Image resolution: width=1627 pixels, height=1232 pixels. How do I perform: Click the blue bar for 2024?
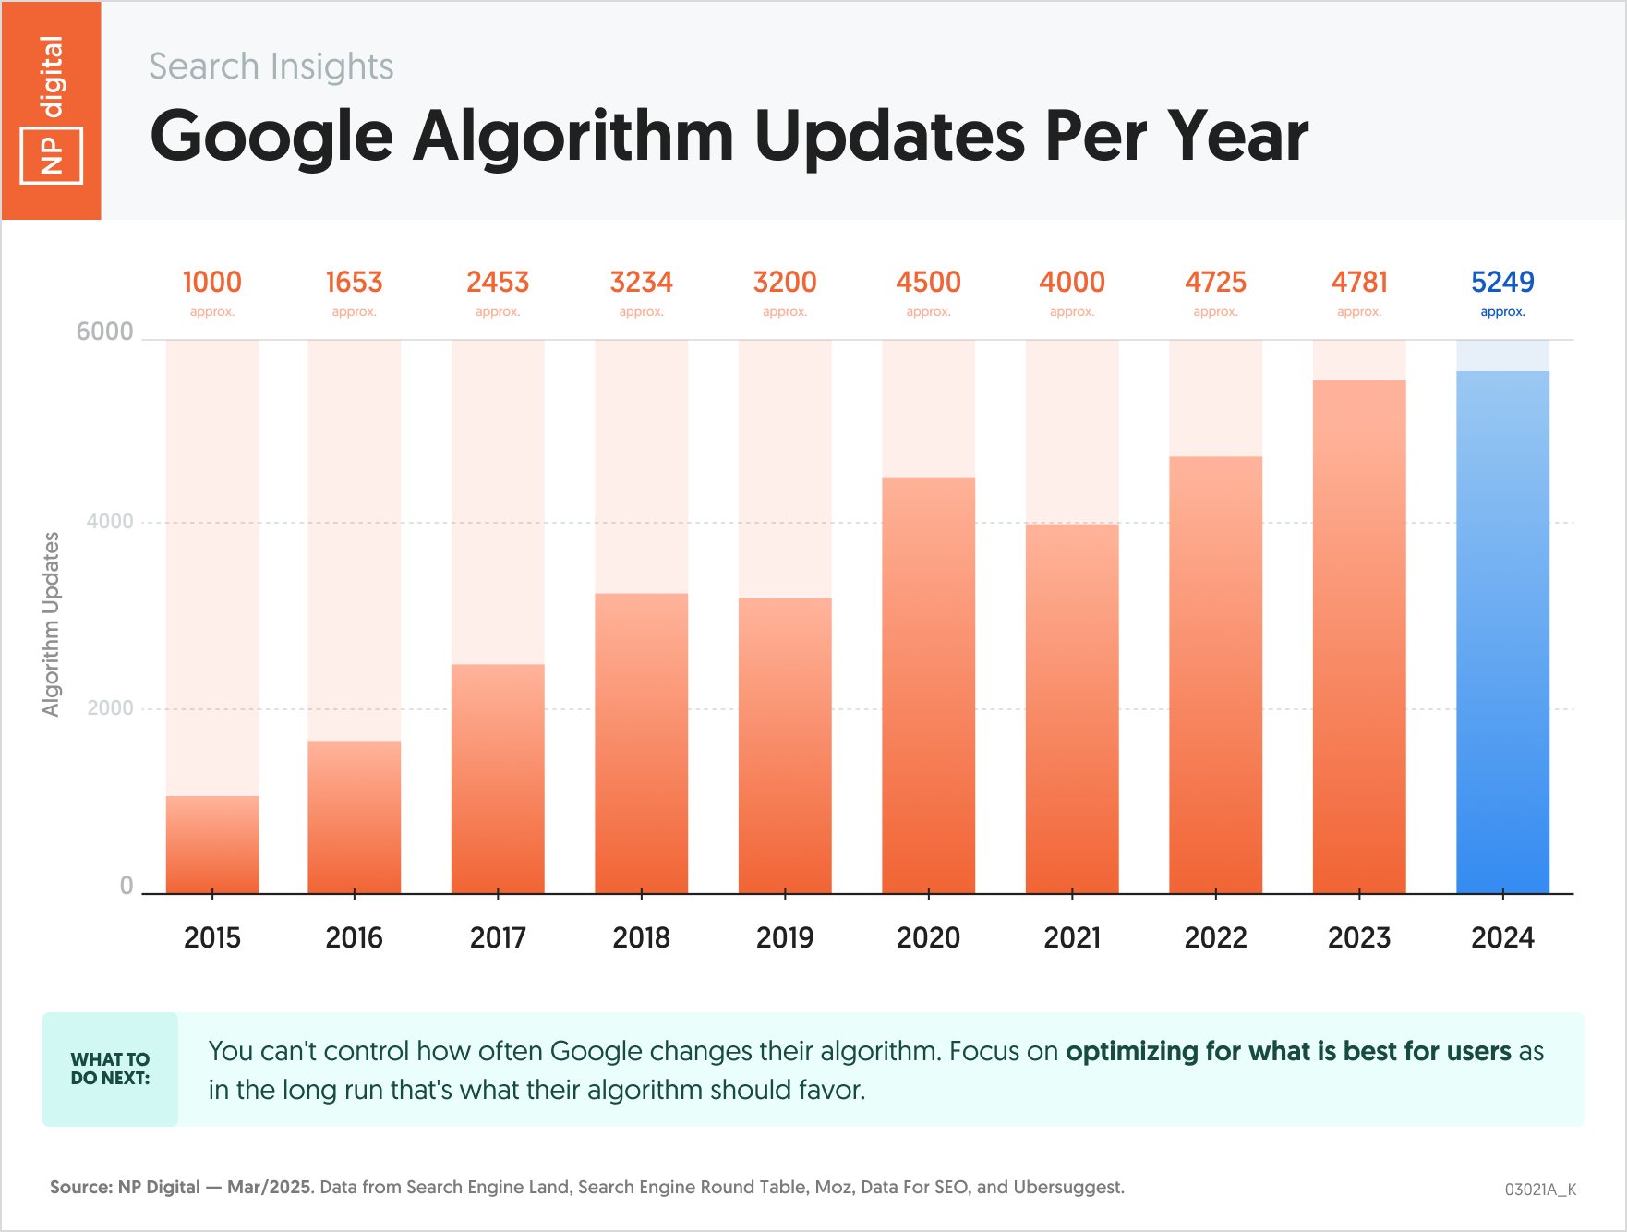(1502, 633)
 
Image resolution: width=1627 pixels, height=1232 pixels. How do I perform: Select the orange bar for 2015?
(212, 844)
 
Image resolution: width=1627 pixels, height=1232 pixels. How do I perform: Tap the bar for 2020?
(928, 685)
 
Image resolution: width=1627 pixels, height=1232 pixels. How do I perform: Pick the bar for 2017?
(498, 779)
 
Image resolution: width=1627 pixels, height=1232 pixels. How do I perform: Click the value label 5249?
(1502, 282)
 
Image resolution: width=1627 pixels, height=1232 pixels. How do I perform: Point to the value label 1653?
(354, 282)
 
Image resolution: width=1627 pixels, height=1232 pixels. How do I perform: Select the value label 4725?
(1215, 282)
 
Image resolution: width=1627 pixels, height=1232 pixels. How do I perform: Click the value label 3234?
(641, 282)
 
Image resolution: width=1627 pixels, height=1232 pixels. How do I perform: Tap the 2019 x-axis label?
(785, 937)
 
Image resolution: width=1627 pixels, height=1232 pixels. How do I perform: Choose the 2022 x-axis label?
(1215, 937)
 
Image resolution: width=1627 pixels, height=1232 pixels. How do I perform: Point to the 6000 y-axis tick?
(104, 332)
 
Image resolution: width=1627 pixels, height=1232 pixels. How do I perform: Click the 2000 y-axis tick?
(110, 708)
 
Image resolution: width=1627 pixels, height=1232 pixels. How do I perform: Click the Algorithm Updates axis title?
(51, 624)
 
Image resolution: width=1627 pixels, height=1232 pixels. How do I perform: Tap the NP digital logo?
(52, 110)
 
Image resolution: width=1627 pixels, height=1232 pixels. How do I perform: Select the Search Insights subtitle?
(271, 66)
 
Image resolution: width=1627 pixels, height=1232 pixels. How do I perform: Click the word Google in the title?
(271, 137)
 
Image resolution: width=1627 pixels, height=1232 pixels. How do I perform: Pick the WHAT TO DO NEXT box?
(110, 1069)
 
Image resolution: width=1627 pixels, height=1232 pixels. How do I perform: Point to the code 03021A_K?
(1540, 1189)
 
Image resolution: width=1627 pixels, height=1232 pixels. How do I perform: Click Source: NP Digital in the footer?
(125, 1187)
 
